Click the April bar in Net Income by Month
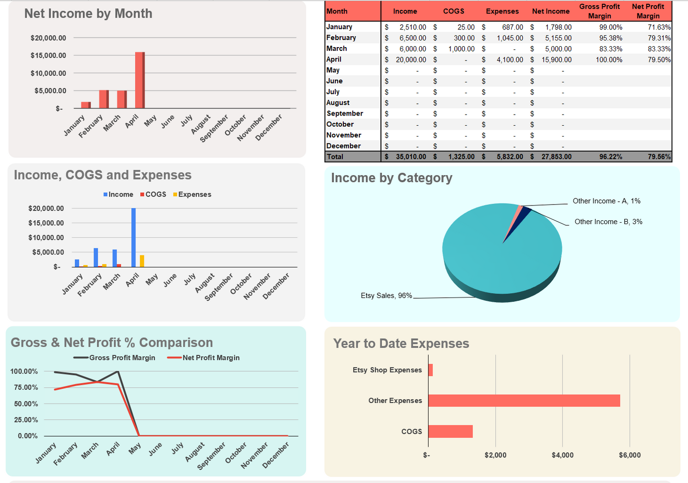coord(140,81)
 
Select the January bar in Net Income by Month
coord(86,105)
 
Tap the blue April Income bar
coord(134,237)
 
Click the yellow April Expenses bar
coord(142,261)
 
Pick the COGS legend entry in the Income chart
coord(153,195)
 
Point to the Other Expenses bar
coord(524,400)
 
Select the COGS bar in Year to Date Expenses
coord(450,431)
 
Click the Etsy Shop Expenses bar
coord(430,370)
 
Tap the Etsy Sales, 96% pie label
coord(386,296)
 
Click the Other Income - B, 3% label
coord(608,222)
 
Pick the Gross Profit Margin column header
coord(599,11)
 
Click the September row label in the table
coord(345,113)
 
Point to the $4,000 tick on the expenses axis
coord(562,455)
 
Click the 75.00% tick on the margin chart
coord(26,387)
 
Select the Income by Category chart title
coord(391,178)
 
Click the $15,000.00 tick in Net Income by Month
coord(48,55)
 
